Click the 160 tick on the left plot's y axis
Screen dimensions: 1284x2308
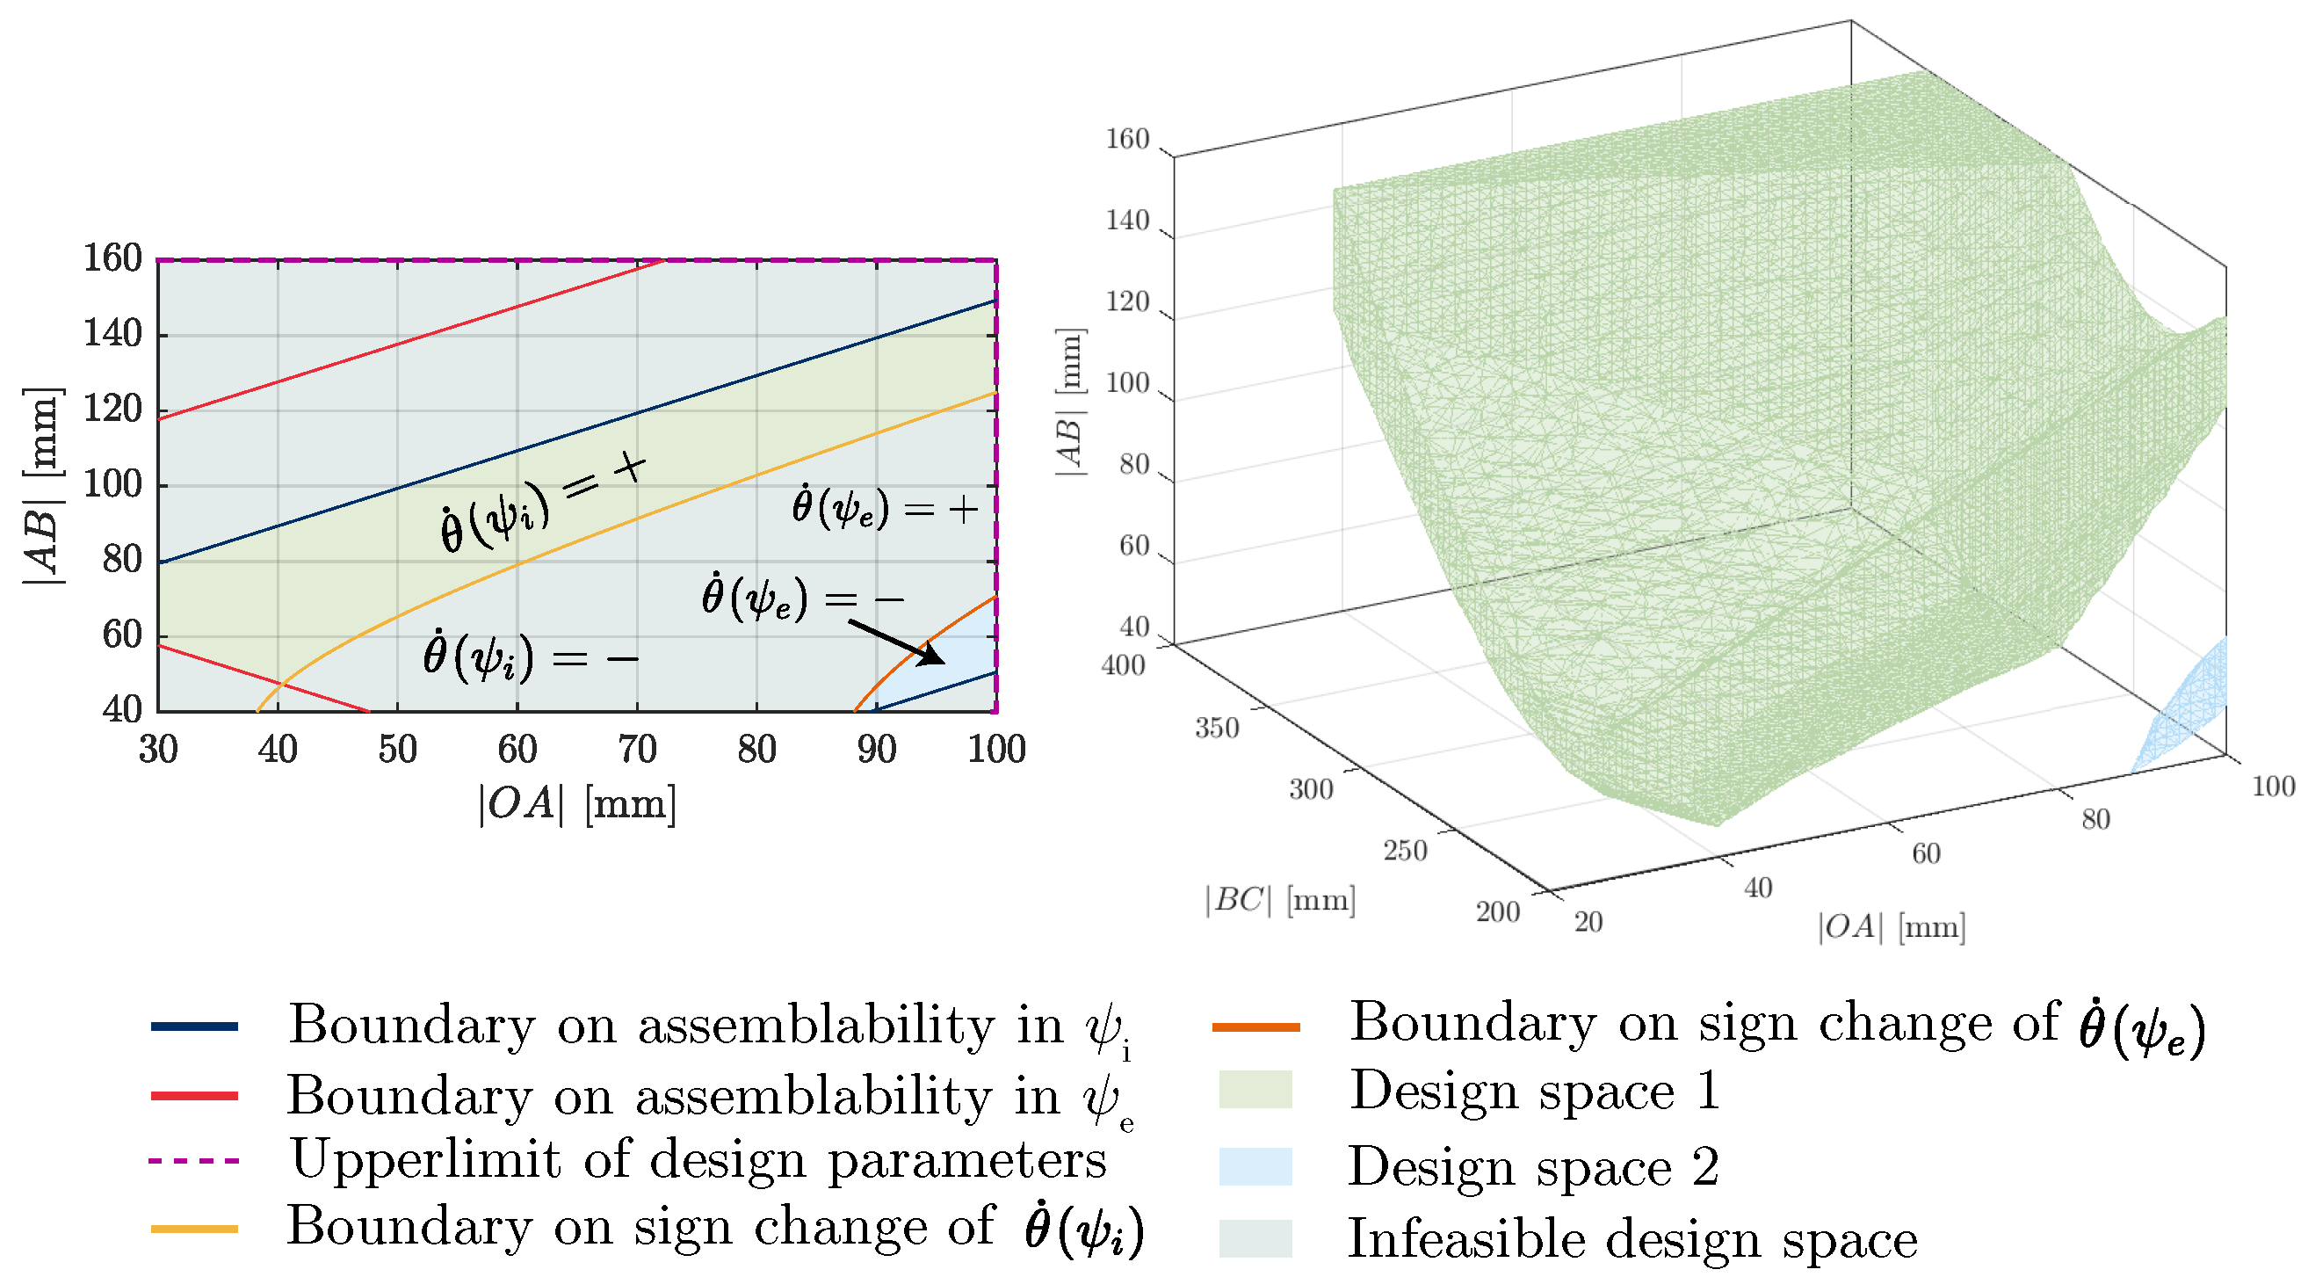coord(112,259)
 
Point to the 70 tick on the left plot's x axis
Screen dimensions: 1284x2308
coord(637,749)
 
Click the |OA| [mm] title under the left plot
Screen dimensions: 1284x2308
coord(577,804)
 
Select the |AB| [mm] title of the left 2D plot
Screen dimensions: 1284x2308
coord(43,487)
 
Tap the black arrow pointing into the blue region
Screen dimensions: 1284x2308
coord(896,642)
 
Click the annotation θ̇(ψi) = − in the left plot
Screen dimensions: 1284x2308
coord(531,658)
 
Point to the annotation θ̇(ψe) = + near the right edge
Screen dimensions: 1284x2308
coord(884,508)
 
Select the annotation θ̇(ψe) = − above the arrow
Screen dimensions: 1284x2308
coord(801,598)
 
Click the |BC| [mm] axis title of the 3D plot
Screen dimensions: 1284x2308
coord(1279,900)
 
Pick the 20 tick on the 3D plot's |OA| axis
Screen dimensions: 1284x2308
coord(1588,922)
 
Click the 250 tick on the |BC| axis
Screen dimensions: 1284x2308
coord(1404,851)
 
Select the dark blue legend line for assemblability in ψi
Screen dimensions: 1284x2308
coord(194,1026)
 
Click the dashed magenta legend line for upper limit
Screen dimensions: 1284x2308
coord(194,1161)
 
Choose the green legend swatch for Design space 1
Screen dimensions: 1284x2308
coord(1255,1091)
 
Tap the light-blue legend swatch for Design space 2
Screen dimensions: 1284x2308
coord(1255,1166)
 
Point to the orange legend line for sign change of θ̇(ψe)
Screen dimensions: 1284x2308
coord(1255,1026)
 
